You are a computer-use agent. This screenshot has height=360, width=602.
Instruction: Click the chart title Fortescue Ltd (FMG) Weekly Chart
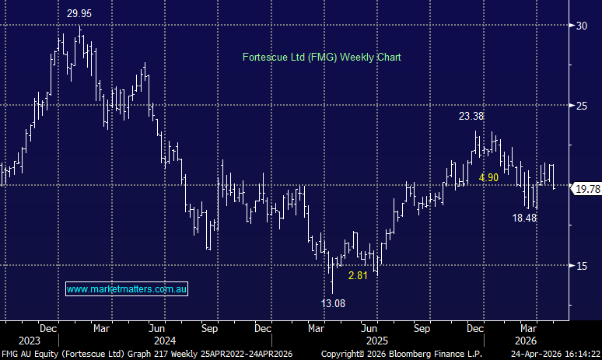[x=321, y=57]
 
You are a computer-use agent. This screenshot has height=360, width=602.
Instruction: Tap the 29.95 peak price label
[x=79, y=13]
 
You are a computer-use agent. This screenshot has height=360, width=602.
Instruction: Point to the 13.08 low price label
[x=334, y=302]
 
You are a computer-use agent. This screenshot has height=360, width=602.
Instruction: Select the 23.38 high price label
[x=471, y=116]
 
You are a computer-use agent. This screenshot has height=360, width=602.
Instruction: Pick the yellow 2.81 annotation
[x=358, y=276]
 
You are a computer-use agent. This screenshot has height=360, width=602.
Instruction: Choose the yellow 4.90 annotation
[x=488, y=177]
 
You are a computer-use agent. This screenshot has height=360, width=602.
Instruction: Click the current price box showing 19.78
[x=585, y=189]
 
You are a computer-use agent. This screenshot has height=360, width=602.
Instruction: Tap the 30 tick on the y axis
[x=580, y=26]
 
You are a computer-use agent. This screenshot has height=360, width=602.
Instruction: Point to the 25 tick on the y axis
[x=580, y=105]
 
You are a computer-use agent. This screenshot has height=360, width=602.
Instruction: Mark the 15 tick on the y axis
[x=580, y=265]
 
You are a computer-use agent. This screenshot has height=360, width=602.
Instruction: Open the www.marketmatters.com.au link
[x=127, y=289]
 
